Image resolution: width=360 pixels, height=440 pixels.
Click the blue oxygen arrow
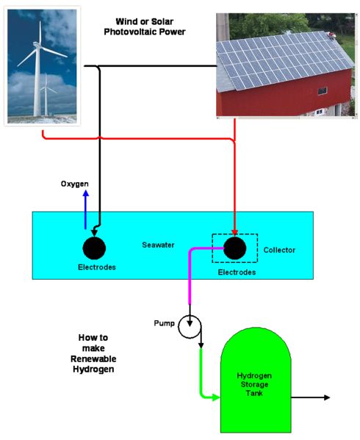point(86,209)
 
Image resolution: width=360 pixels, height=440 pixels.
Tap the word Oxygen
point(75,184)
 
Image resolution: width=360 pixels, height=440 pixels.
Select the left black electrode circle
point(94,248)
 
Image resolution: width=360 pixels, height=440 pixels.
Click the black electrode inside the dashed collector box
point(235,248)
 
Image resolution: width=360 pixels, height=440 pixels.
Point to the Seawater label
point(158,245)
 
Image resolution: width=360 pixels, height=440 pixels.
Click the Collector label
point(279,250)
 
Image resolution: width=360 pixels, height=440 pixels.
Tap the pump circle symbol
point(190,327)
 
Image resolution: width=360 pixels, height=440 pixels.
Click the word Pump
point(164,323)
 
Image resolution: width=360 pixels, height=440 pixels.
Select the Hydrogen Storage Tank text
point(254,384)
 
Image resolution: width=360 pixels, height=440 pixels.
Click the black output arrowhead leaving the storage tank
point(327,397)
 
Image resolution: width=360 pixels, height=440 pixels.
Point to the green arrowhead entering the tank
point(216,397)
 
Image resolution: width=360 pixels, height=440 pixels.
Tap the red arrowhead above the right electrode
point(235,233)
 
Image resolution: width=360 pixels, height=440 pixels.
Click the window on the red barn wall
point(323,90)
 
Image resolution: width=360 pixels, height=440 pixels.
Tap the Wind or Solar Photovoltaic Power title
point(145,26)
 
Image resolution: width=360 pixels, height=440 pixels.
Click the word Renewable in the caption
point(93,359)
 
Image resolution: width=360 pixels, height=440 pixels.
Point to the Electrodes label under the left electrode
point(97,267)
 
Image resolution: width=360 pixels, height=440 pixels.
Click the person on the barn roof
point(331,35)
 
